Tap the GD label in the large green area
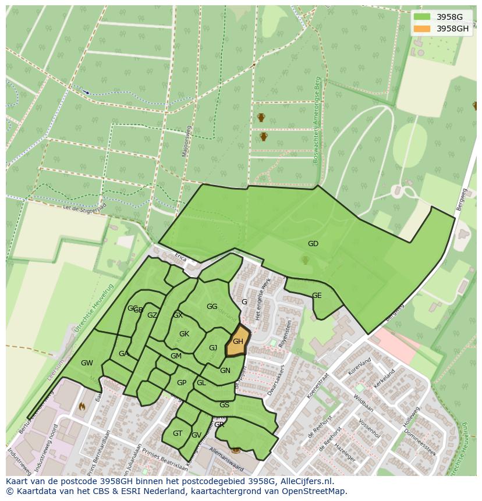(313, 244)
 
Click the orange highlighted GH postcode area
(238, 342)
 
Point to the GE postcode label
(317, 296)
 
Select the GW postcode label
(87, 363)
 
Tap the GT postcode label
(178, 434)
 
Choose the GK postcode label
(184, 334)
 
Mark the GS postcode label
(224, 405)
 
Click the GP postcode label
(182, 383)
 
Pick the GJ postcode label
(213, 348)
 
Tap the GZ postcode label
(152, 315)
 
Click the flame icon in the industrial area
(81, 407)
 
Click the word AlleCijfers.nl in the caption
(304, 481)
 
